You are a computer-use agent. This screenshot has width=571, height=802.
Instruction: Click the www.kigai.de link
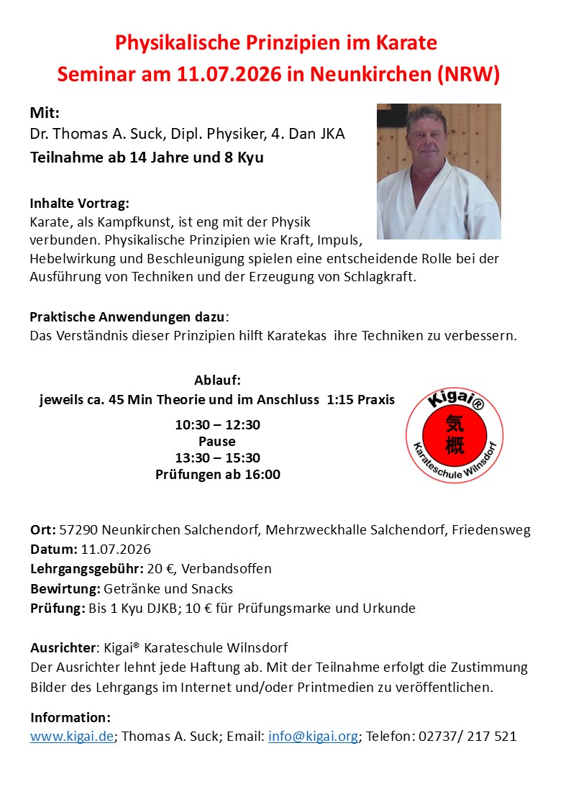(x=72, y=737)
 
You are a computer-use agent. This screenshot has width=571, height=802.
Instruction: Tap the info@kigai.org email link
(x=313, y=737)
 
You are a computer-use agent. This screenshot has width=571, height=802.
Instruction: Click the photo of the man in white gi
(x=439, y=171)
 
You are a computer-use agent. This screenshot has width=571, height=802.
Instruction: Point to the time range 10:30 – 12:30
(x=218, y=425)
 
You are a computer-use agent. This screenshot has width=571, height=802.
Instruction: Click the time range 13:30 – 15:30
(x=218, y=458)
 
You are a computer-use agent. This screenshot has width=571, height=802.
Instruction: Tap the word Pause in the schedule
(x=217, y=442)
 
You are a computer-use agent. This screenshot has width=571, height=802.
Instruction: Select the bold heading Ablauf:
(x=217, y=381)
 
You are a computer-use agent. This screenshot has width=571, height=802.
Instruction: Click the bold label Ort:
(x=42, y=531)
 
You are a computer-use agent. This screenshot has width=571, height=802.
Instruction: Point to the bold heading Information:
(x=70, y=718)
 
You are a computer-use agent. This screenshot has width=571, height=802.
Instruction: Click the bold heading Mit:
(x=45, y=114)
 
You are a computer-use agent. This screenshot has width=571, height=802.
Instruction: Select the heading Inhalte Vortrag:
(x=79, y=204)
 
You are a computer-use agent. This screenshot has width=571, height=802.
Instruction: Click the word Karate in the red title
(x=406, y=43)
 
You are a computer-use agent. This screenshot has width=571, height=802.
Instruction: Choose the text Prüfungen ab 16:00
(x=218, y=475)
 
